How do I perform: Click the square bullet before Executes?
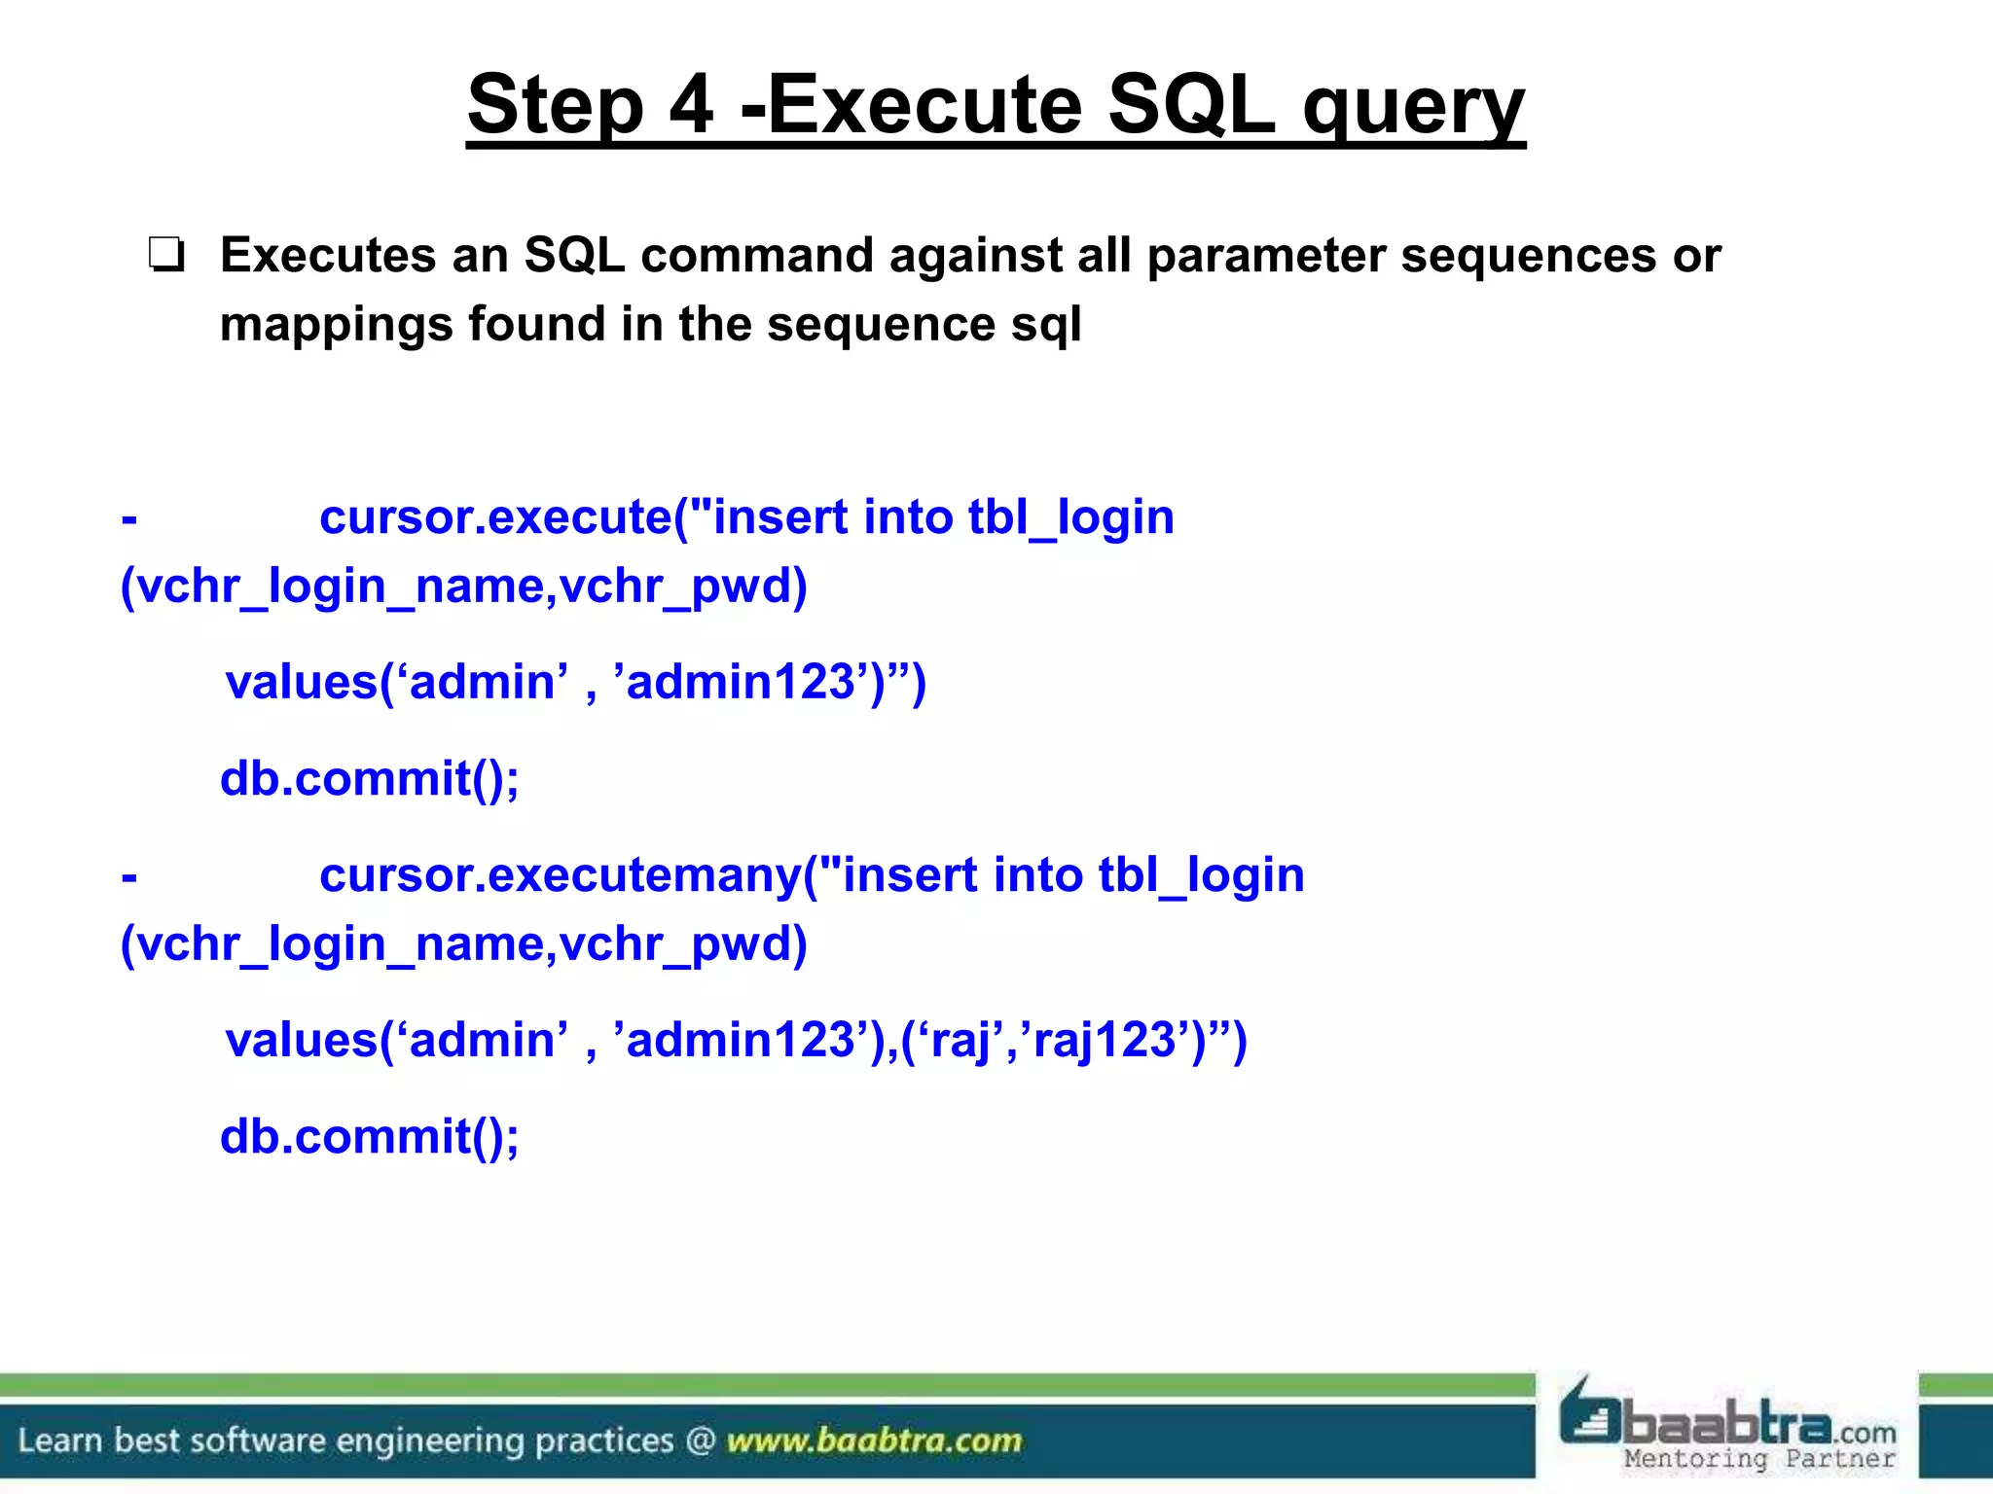166,256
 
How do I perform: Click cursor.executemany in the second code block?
560,874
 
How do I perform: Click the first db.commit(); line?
370,779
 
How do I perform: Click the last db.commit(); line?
370,1137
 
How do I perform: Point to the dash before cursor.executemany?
129,876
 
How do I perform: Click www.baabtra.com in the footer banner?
874,1441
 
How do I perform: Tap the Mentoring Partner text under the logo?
1759,1459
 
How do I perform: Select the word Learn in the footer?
61,1441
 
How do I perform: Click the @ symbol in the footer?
701,1441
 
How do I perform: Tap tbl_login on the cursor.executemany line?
1201,874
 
